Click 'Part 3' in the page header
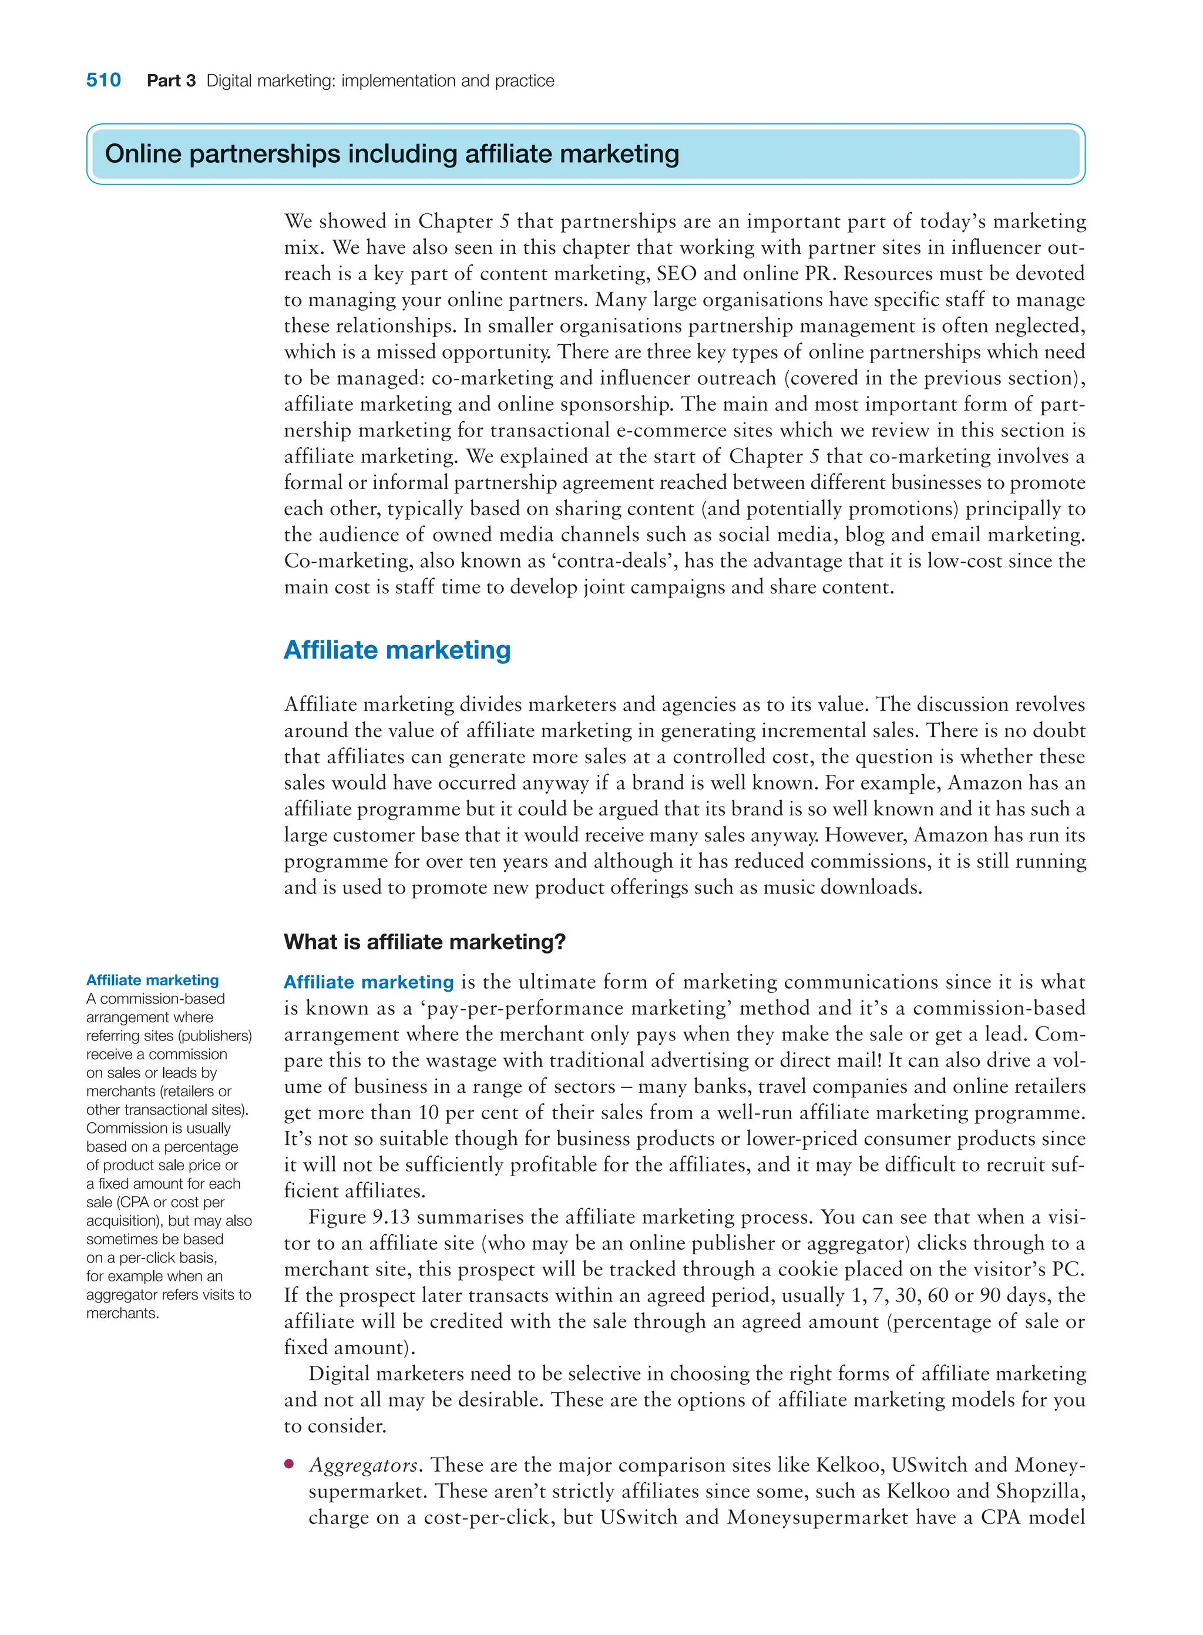(x=171, y=81)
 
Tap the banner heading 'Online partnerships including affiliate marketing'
(x=392, y=154)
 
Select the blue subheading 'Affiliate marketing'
(x=397, y=650)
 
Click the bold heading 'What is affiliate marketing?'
(x=425, y=942)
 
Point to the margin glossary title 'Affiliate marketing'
(x=152, y=981)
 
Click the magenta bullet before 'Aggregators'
(x=290, y=1464)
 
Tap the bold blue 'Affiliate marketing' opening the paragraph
(x=368, y=982)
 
